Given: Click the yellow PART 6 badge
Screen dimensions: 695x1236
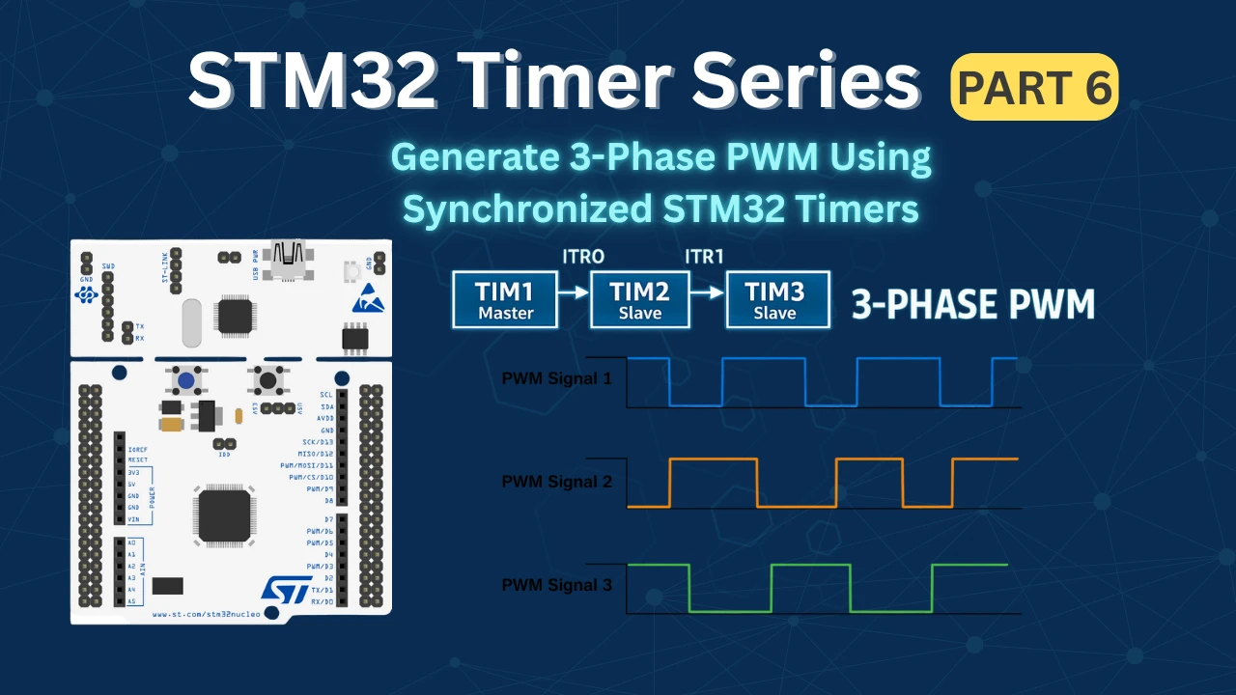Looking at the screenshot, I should [1034, 87].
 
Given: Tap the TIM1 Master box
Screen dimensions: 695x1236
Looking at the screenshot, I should [505, 299].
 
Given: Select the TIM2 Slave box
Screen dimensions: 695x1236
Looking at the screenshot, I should [640, 299].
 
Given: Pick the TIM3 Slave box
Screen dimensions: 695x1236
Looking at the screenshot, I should [776, 299].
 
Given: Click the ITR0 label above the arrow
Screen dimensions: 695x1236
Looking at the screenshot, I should [583, 256].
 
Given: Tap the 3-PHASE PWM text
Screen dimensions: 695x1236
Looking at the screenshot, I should [972, 304].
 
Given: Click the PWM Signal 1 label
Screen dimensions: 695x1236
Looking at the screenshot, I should [556, 378].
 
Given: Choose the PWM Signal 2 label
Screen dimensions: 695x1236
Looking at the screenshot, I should [556, 481].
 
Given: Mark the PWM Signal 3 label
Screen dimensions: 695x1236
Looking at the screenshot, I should [556, 585].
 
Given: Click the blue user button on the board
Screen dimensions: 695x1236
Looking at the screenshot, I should [184, 380].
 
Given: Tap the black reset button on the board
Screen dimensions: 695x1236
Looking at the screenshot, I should [265, 380].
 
